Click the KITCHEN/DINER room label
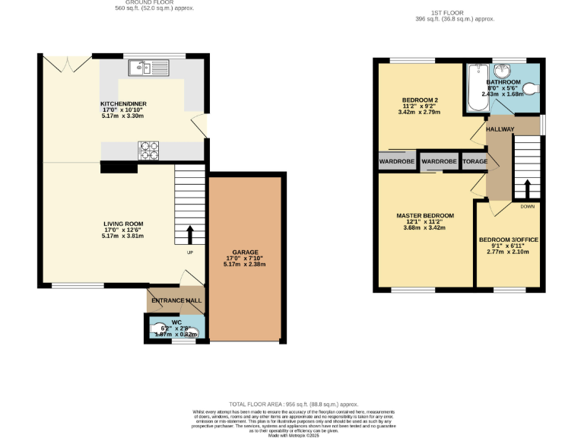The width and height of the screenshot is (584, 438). point(123,103)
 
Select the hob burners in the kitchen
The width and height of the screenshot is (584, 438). point(149,151)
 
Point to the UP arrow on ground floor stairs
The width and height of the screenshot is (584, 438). point(190,233)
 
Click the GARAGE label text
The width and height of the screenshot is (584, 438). point(246,252)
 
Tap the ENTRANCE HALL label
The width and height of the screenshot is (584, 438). point(176,301)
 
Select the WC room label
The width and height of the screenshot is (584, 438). point(176,322)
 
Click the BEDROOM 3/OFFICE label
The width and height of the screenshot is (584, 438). point(509,240)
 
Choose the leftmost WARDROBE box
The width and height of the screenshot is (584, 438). point(396,162)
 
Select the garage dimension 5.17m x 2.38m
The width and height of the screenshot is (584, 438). point(246,264)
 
